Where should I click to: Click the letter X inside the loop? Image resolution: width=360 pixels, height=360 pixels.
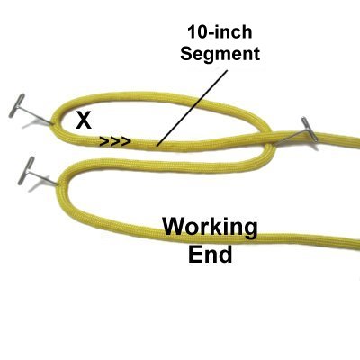point(84,120)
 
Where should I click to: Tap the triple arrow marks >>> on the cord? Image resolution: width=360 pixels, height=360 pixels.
point(115,141)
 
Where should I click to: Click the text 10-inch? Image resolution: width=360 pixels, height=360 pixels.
point(220,31)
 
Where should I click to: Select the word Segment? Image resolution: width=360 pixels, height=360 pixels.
point(220,54)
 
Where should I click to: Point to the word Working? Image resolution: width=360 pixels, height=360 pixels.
point(210,228)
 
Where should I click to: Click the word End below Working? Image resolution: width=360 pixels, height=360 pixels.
point(211,255)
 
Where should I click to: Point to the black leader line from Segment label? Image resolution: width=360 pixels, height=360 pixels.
point(193,108)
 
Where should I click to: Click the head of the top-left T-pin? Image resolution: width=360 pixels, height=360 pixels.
point(17,105)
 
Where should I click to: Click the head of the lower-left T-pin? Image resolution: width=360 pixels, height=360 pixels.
point(26,170)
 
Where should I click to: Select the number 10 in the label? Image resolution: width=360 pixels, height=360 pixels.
point(198,31)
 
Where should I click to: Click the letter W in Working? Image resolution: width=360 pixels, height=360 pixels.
point(175,227)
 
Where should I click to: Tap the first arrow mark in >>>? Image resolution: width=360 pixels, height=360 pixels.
point(104,141)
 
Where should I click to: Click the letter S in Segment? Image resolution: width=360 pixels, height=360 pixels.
point(187,53)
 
